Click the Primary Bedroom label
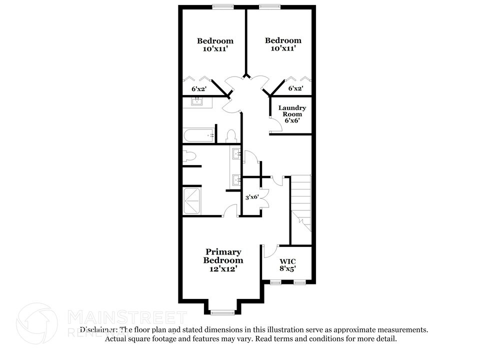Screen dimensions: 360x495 [x=223, y=256]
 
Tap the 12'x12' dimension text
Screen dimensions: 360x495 [x=223, y=268]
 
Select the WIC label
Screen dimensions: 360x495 [x=287, y=261]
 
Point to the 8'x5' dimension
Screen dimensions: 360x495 [x=287, y=268]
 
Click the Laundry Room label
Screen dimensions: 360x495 [x=292, y=110]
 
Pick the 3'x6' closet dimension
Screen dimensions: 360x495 [x=251, y=197]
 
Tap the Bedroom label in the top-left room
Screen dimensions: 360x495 [x=215, y=41]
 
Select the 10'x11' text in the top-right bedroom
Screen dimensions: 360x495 [x=283, y=48]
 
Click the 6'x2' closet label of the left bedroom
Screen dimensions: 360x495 [x=199, y=88]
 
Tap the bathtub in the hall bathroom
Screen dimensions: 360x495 [x=199, y=135]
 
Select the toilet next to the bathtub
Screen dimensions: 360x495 [x=231, y=135]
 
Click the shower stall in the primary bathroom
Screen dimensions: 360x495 [x=191, y=201]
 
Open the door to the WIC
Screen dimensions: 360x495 [x=270, y=250]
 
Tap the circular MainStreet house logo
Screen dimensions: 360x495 [x=37, y=323]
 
